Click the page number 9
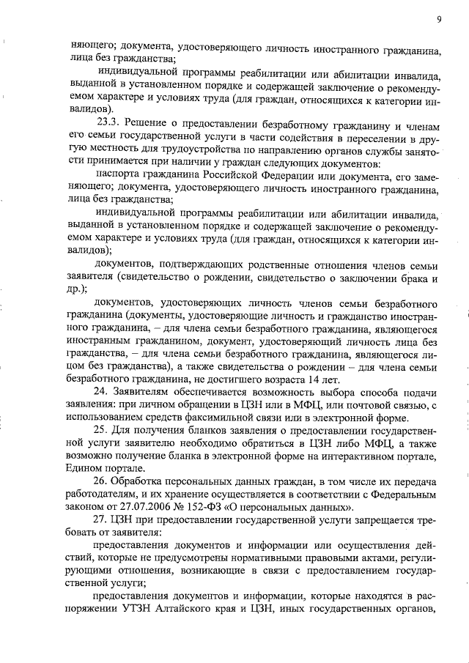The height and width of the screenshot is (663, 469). point(437,20)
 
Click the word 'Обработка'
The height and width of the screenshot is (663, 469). point(141,482)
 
